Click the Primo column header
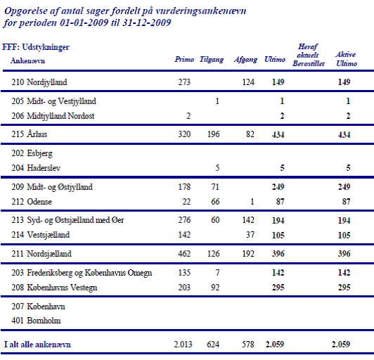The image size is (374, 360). point(184,59)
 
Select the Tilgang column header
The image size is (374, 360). point(212,60)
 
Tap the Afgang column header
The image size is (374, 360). point(245,60)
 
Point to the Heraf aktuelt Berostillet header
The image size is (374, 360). point(309,55)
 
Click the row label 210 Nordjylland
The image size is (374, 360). point(39,82)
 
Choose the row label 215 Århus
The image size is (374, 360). point(30,134)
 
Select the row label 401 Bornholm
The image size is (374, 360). point(36,321)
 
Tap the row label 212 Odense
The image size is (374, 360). point(32,202)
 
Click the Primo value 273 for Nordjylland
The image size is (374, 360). point(184,82)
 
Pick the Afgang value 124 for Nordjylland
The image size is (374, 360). point(248,82)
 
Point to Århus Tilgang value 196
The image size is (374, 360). point(213,134)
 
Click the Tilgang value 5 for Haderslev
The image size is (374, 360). point(217,168)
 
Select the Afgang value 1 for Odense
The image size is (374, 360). point(252,202)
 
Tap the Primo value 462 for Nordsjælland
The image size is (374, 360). point(184,254)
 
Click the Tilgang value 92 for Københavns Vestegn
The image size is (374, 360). point(215,288)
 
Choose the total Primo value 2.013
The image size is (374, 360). point(183,345)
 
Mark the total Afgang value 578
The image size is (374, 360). point(248,345)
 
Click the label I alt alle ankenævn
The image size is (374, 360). point(37,345)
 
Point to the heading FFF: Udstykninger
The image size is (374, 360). point(36,47)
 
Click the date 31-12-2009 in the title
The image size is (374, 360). point(147,22)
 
